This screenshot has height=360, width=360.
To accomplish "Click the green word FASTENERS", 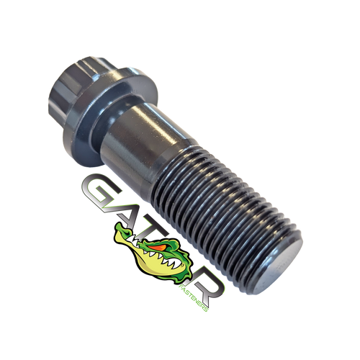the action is click(x=194, y=297).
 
